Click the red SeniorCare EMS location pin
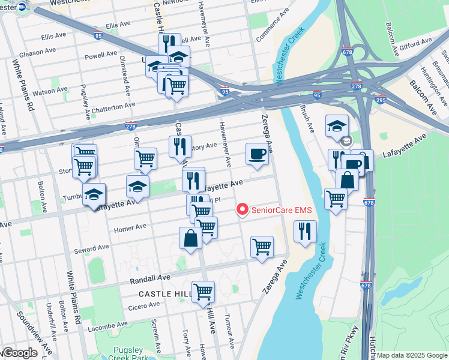[x=242, y=209]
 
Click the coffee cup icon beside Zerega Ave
[x=257, y=154]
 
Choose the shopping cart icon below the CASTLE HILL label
[x=203, y=292]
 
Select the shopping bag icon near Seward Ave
[x=190, y=238]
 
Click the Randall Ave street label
[x=150, y=279]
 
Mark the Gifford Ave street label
[x=415, y=44]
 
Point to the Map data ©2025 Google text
[x=412, y=355]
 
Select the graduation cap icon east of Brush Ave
[x=337, y=125]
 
